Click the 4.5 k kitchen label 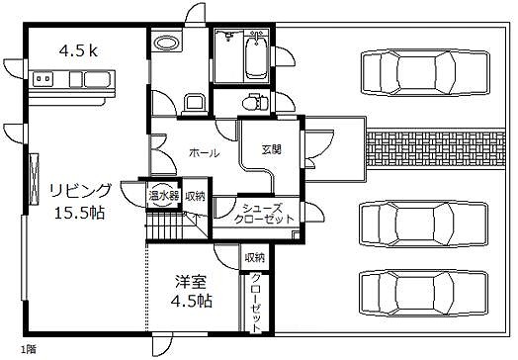click(78, 50)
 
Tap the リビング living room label click(81, 191)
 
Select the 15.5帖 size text click(79, 213)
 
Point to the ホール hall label click(205, 152)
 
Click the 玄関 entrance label click(272, 150)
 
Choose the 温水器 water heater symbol click(164, 196)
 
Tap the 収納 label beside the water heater click(195, 197)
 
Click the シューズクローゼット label click(263, 214)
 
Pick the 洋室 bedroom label click(191, 282)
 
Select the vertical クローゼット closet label click(256, 303)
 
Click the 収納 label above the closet click(255, 257)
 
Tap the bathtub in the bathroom click(257, 56)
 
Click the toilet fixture click(254, 102)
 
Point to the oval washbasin click(167, 43)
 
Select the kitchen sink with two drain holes click(43, 79)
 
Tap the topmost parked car click(425, 73)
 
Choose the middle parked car click(423, 225)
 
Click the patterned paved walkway click(436, 148)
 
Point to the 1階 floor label click(29, 349)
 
